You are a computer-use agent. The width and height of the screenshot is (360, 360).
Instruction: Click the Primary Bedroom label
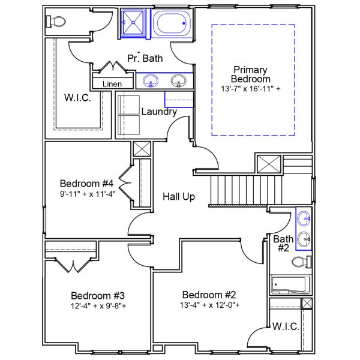pyautogui.click(x=251, y=74)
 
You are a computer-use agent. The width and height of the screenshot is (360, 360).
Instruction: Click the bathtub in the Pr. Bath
pyautogui.click(x=172, y=24)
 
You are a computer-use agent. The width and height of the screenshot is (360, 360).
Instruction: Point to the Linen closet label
pyautogui.click(x=112, y=84)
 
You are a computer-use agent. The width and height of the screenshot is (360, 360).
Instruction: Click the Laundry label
pyautogui.click(x=159, y=112)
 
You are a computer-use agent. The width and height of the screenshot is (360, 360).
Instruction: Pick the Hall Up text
pyautogui.click(x=179, y=196)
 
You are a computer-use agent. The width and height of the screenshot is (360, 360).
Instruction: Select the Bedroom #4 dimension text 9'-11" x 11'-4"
pyautogui.click(x=87, y=194)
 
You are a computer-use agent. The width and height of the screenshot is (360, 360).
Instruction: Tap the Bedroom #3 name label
pyautogui.click(x=98, y=295)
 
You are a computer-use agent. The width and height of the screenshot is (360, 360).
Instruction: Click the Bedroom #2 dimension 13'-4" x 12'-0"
pyautogui.click(x=211, y=305)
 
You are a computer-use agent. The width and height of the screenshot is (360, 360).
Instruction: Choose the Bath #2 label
pyautogui.click(x=283, y=243)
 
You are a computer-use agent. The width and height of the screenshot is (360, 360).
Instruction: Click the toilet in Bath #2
pyautogui.click(x=301, y=262)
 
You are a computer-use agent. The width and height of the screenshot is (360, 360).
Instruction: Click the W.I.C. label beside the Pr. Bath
pyautogui.click(x=78, y=98)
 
